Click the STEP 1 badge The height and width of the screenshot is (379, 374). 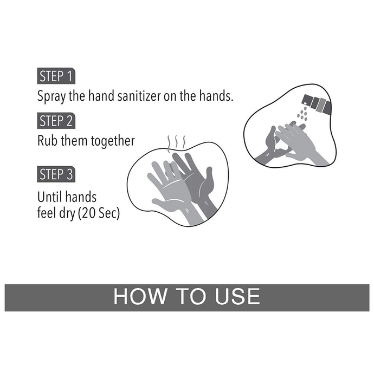pyautogui.click(x=56, y=76)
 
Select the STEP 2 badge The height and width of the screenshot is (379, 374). pyautogui.click(x=56, y=121)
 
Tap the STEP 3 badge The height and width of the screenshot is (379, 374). pyautogui.click(x=56, y=174)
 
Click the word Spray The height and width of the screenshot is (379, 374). pyautogui.click(x=51, y=96)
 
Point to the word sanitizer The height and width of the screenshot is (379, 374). pyautogui.click(x=139, y=96)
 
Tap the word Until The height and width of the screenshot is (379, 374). pyautogui.click(x=48, y=197)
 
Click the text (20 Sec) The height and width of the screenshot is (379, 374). pyautogui.click(x=99, y=213)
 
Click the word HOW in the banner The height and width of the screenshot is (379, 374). pyautogui.click(x=140, y=296)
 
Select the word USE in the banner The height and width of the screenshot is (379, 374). pyautogui.click(x=237, y=296)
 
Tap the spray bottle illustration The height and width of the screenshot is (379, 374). pyautogui.click(x=317, y=104)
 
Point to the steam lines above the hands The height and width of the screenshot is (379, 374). pyautogui.click(x=177, y=143)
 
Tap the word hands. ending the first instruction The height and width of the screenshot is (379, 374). pyautogui.click(x=216, y=96)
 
